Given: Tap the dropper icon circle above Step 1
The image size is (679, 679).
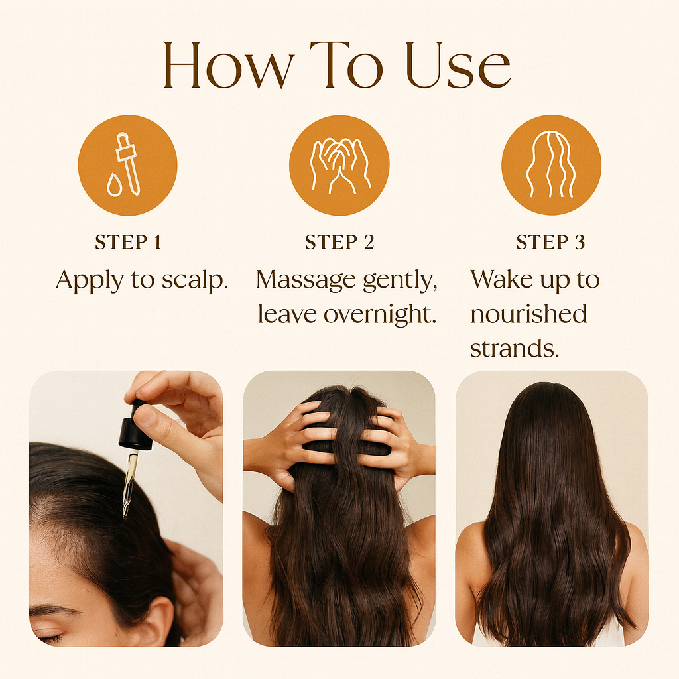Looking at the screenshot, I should click(x=127, y=165).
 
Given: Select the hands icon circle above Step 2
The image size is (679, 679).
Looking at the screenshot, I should click(x=339, y=165).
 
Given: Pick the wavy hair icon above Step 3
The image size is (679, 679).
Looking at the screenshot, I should click(x=551, y=165).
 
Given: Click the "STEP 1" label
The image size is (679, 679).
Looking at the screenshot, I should click(x=128, y=243).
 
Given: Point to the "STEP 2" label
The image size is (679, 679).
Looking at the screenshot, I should click(x=339, y=243).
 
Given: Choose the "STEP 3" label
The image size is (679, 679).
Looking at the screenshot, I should click(x=550, y=243).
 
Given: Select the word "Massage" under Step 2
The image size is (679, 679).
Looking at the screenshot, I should click(x=305, y=280).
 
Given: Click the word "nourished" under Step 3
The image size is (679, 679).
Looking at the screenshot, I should click(x=528, y=314).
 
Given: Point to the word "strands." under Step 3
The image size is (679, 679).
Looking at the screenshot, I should click(x=515, y=348).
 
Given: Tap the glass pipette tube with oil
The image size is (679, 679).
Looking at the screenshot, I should click(x=130, y=481).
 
